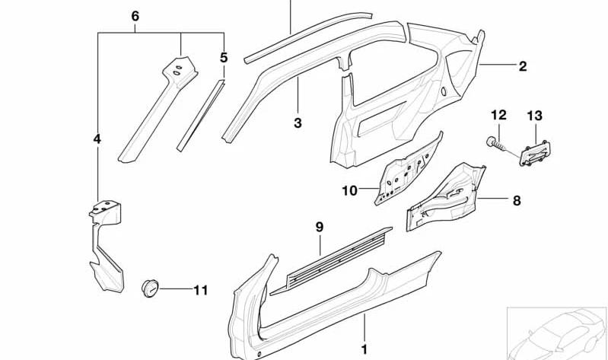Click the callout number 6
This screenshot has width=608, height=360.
pyautogui.click(x=135, y=16)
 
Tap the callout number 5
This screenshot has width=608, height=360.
pyautogui.click(x=224, y=57)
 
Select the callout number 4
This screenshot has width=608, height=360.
pyautogui.click(x=97, y=139)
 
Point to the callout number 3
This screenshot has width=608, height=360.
pyautogui.click(x=298, y=123)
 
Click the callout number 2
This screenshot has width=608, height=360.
pyautogui.click(x=523, y=66)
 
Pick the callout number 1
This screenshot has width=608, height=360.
pyautogui.click(x=364, y=349)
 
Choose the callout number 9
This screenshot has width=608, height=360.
pyautogui.click(x=319, y=227)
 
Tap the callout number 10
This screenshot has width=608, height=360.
pyautogui.click(x=350, y=190)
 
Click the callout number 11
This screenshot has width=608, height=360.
pyautogui.click(x=201, y=290)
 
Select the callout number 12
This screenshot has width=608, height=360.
pyautogui.click(x=498, y=115)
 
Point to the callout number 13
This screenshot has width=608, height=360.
pyautogui.click(x=535, y=115)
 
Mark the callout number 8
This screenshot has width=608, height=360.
pyautogui.click(x=517, y=201)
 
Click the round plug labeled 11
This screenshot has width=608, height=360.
pyautogui.click(x=150, y=288)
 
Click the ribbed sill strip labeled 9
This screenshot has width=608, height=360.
pyautogui.click(x=331, y=261)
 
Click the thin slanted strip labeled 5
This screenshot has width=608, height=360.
pyautogui.click(x=201, y=116)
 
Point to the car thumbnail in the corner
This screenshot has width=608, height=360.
pyautogui.click(x=557, y=333)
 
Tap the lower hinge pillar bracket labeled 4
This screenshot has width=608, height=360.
pyautogui.click(x=105, y=246)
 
